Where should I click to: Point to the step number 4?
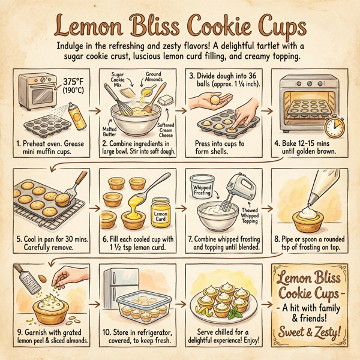pyautogui.click(x=277, y=144)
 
